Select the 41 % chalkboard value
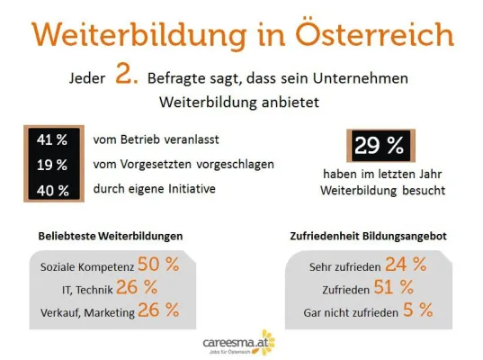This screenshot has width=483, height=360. tap(51, 140)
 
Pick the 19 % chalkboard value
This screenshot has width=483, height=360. tap(51, 165)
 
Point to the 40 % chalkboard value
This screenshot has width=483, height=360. tap(51, 189)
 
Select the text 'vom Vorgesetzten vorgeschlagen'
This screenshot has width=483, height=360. tap(183, 165)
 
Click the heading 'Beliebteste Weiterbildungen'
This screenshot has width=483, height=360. tap(111, 236)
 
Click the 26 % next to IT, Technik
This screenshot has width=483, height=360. tap(137, 288)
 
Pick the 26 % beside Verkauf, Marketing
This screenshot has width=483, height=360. tap(158, 310)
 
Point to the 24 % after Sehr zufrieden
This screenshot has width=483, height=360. tap(406, 265)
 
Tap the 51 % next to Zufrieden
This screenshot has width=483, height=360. tap(394, 288)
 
